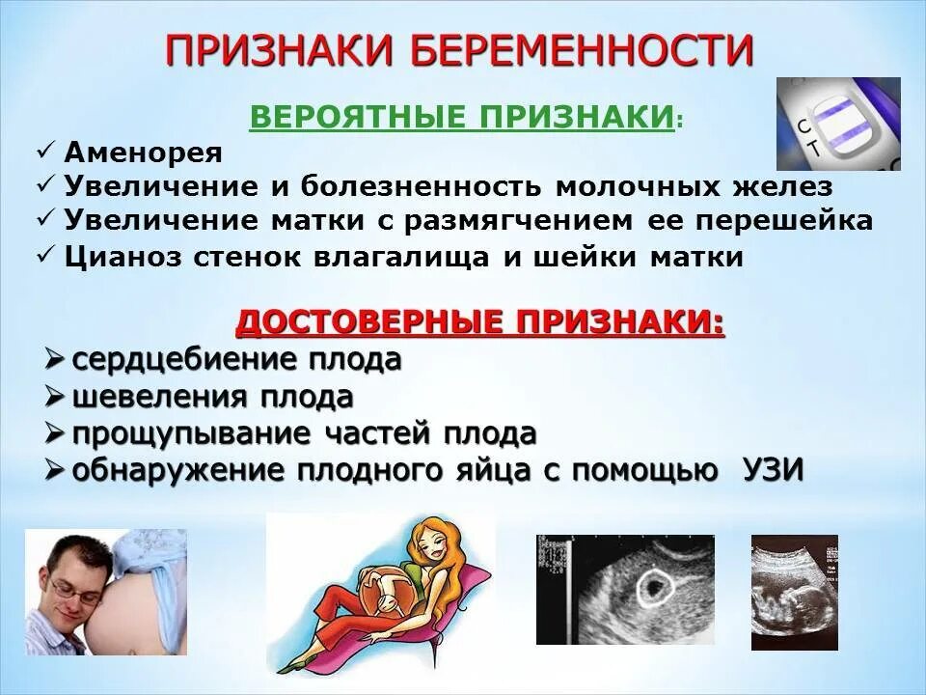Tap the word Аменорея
[x=144, y=153]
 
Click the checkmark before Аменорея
[x=45, y=152]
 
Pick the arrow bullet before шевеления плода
[x=55, y=397]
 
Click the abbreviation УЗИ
[x=774, y=470]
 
